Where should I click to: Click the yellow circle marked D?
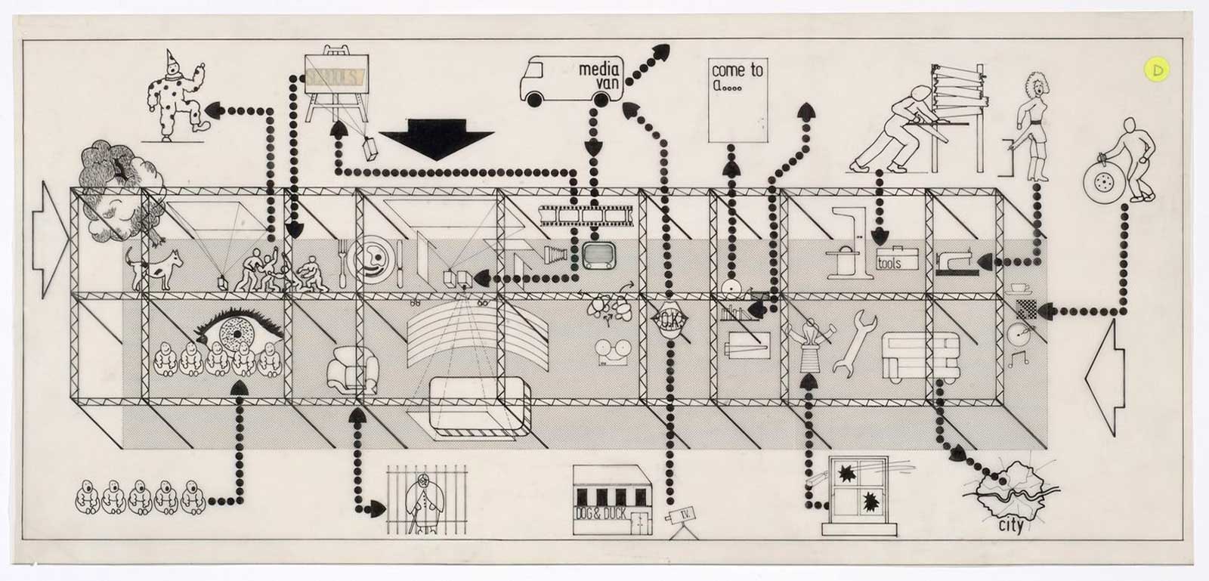(x=1156, y=69)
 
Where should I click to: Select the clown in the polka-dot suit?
(x=175, y=94)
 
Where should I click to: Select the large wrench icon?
(x=853, y=342)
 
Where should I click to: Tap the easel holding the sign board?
(x=335, y=88)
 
